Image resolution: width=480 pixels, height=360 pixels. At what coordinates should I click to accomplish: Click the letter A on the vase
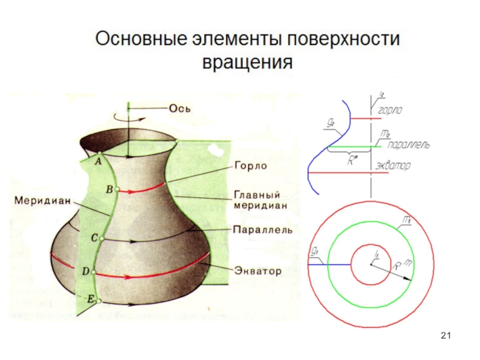[98, 160]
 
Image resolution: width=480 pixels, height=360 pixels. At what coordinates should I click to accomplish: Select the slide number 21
[445, 335]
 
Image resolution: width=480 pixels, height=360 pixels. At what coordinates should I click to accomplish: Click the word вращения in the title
[248, 62]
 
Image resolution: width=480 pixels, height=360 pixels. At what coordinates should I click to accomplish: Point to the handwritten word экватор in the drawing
[393, 166]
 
